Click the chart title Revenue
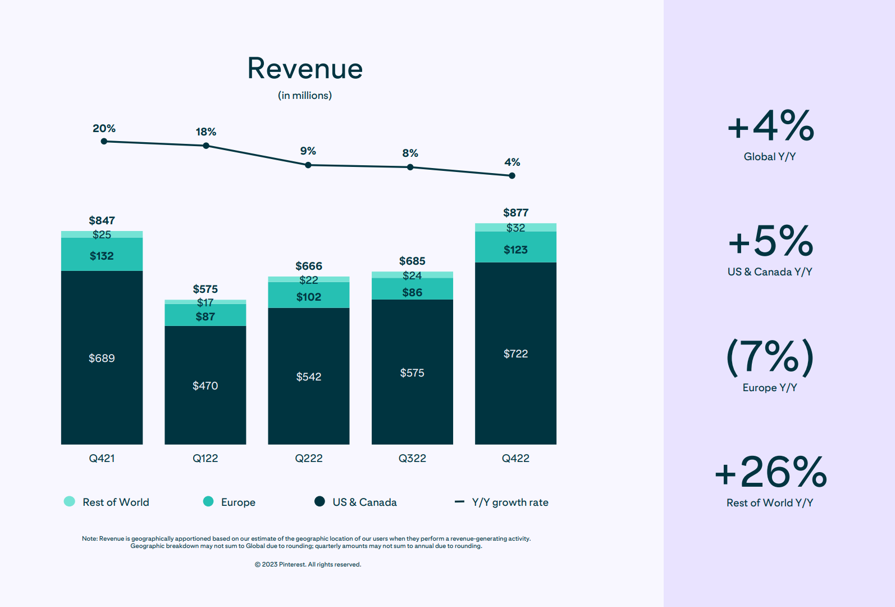(x=305, y=69)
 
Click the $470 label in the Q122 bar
(x=205, y=386)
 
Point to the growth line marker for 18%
(x=206, y=146)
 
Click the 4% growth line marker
(x=512, y=175)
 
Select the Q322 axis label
(x=412, y=458)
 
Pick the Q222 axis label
(x=309, y=458)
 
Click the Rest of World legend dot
(x=70, y=501)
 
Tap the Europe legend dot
(x=208, y=501)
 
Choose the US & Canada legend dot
(x=319, y=501)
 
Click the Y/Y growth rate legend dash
(x=459, y=501)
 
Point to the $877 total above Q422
(x=515, y=212)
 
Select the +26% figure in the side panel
(x=770, y=472)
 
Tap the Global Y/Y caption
(x=770, y=157)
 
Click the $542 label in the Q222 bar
(x=309, y=377)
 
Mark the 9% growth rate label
(x=308, y=151)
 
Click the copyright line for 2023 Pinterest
(x=308, y=564)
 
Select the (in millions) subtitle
(x=305, y=96)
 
